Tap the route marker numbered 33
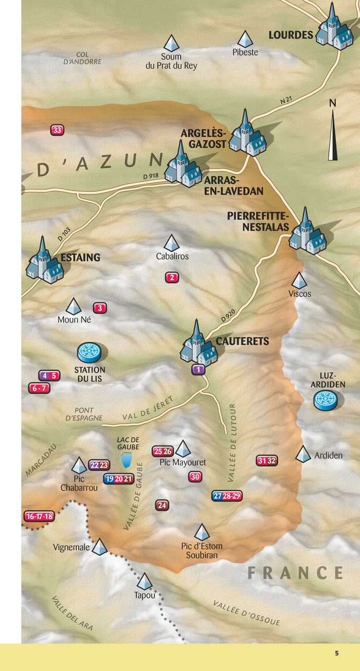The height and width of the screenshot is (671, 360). pyautogui.click(x=57, y=131)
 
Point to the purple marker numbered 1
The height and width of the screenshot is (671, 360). pyautogui.click(x=199, y=369)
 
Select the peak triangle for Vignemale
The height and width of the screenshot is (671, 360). pyautogui.click(x=99, y=547)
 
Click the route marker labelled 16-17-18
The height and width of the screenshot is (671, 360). pyautogui.click(x=40, y=516)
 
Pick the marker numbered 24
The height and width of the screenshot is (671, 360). pyautogui.click(x=163, y=505)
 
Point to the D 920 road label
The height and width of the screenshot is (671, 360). pyautogui.click(x=229, y=314)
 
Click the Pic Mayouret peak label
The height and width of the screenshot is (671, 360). pyautogui.click(x=183, y=463)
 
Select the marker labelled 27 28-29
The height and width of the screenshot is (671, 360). pyautogui.click(x=227, y=496)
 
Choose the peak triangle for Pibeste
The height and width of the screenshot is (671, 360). pyautogui.click(x=245, y=39)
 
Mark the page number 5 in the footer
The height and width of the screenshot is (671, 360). pyautogui.click(x=337, y=654)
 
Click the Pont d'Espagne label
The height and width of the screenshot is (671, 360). pyautogui.click(x=84, y=414)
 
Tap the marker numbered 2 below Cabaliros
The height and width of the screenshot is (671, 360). pyautogui.click(x=172, y=278)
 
